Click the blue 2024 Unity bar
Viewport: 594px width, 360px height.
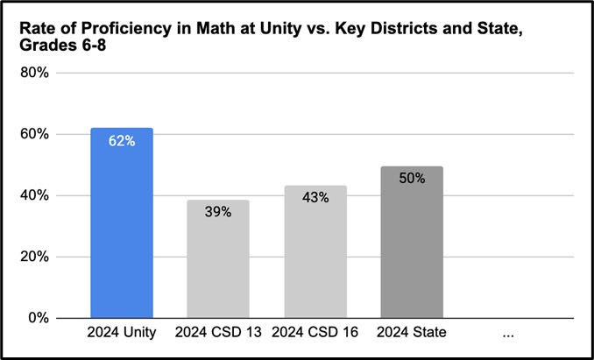(122, 228)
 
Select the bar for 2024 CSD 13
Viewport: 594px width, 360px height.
(218, 263)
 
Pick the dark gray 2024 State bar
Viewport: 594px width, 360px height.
(411, 245)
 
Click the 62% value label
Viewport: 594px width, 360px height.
(122, 140)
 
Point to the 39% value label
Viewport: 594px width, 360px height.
(218, 212)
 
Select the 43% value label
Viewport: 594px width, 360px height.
(315, 198)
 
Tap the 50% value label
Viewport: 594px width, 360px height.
(411, 178)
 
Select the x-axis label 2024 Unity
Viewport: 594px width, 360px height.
(122, 333)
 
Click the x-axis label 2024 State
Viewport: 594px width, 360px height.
(411, 333)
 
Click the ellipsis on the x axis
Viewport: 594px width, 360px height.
(507, 334)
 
